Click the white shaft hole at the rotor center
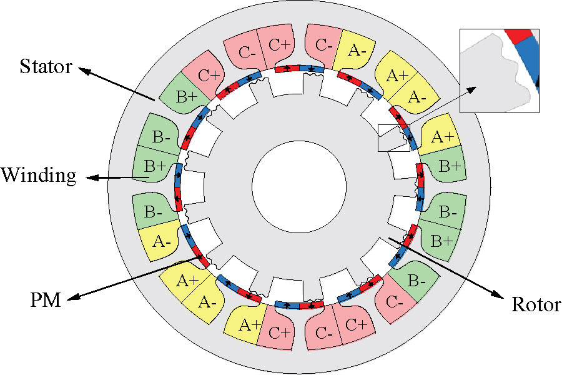(299, 187)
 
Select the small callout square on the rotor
(394, 138)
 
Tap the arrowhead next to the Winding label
(87, 177)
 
